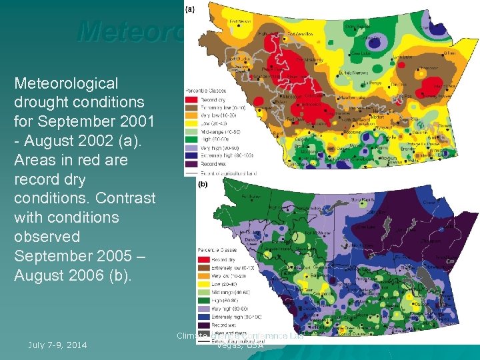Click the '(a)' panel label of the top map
coord(189,9)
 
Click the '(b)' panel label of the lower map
coord(202,184)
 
